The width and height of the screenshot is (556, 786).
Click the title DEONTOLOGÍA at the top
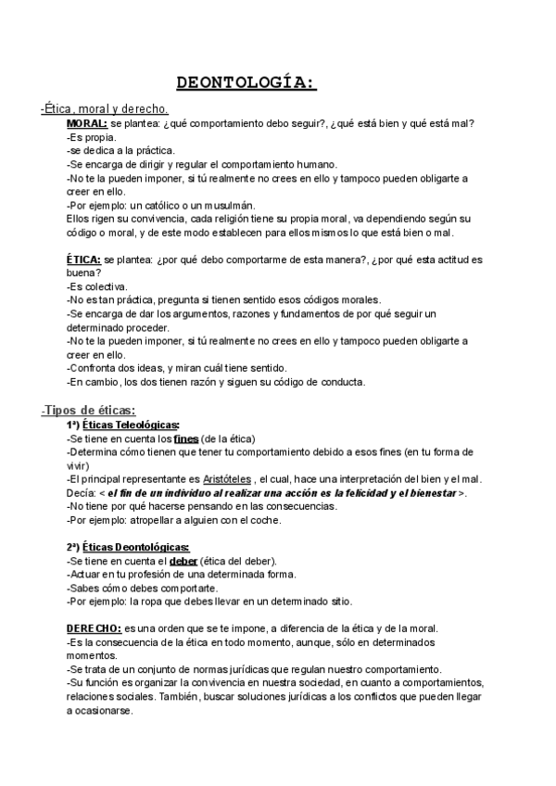(x=246, y=84)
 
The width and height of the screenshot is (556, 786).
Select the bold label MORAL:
(x=87, y=123)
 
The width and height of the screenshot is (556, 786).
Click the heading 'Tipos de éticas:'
(x=91, y=410)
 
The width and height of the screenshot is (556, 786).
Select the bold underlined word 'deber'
(x=183, y=562)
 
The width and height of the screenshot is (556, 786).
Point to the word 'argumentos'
(x=185, y=314)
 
